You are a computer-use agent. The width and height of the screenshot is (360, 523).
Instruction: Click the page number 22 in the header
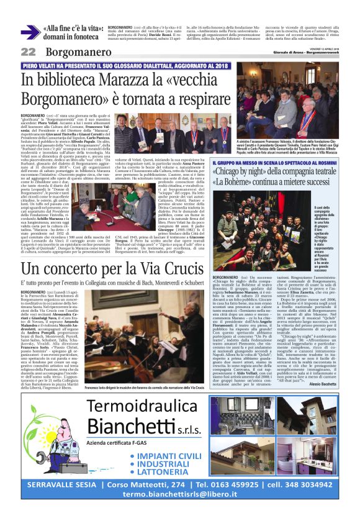28,52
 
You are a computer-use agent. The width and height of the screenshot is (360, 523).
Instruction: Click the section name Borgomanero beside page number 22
70,52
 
